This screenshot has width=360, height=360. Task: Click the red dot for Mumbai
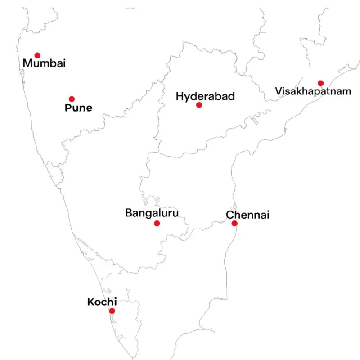pyautogui.click(x=37, y=55)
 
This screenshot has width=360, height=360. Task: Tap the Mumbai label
pyautogui.click(x=44, y=64)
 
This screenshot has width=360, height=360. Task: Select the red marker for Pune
pyautogui.click(x=72, y=99)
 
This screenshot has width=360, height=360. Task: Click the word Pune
pyautogui.click(x=78, y=108)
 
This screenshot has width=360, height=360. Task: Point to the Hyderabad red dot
pyautogui.click(x=199, y=105)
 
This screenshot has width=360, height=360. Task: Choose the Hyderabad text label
pyautogui.click(x=205, y=96)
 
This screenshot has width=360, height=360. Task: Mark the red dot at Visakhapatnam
pyautogui.click(x=320, y=83)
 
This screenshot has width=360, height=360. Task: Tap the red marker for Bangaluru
pyautogui.click(x=157, y=223)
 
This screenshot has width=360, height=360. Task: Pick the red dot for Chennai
pyautogui.click(x=234, y=223)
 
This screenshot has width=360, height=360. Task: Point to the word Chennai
pyautogui.click(x=247, y=215)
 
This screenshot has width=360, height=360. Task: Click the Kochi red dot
pyautogui.click(x=112, y=310)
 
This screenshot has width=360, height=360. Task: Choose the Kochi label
pyautogui.click(x=102, y=302)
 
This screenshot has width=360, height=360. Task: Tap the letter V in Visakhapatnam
pyautogui.click(x=279, y=91)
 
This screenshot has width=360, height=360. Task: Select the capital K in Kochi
pyautogui.click(x=90, y=302)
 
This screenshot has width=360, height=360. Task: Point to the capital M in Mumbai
pyautogui.click(x=27, y=64)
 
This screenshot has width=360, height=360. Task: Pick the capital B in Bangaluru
pyautogui.click(x=128, y=212)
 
